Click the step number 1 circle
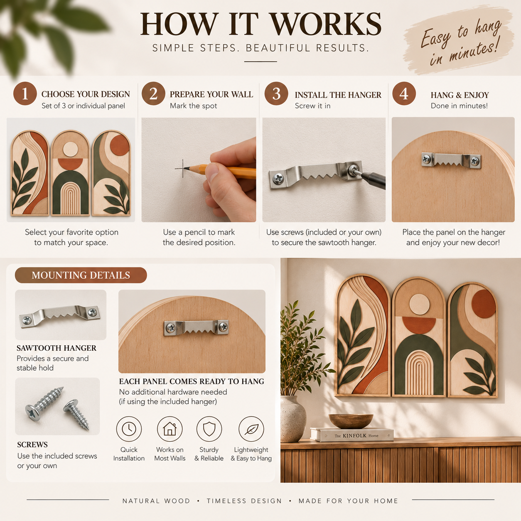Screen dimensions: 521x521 pos(25,93)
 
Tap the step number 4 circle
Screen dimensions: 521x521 pos(404,93)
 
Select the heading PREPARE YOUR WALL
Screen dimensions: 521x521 pos(211,94)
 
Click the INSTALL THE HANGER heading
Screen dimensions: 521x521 pos(338,95)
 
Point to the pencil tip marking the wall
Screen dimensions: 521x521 pos(184,169)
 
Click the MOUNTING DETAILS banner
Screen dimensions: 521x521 pos(81,275)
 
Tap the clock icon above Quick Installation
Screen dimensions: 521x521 pos(129,429)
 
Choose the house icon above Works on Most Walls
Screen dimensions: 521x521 pos(170,429)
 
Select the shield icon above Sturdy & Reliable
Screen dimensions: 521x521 pos(209,429)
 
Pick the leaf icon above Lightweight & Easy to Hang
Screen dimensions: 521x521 pos(251,429)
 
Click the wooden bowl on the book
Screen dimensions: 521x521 pos(351,421)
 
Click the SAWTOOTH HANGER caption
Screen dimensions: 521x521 pos(57,348)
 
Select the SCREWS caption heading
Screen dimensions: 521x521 pos(32,445)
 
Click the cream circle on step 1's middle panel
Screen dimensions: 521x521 pos(71,149)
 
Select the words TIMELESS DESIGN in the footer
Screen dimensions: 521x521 pos(244,501)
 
